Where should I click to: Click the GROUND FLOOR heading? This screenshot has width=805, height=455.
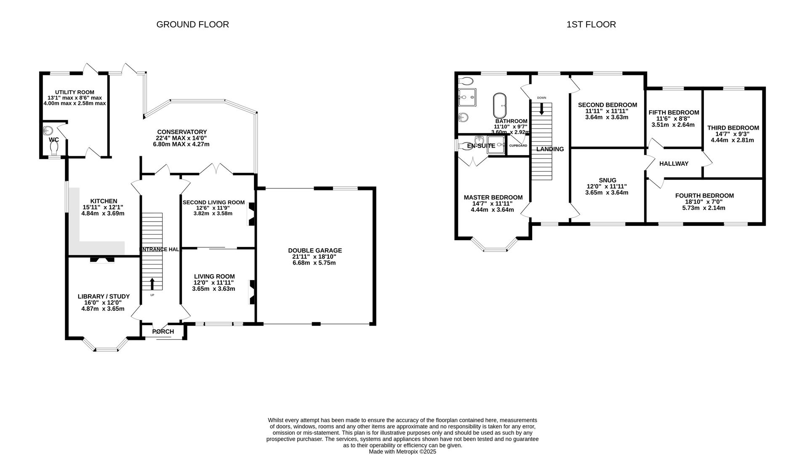pyautogui.click(x=192, y=24)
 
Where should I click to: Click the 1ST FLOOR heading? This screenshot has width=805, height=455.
pyautogui.click(x=591, y=24)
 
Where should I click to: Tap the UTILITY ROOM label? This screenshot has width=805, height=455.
pyautogui.click(x=75, y=92)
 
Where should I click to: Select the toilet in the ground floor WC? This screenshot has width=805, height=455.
pyautogui.click(x=54, y=148)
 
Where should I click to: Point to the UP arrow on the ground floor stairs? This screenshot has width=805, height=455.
pyautogui.click(x=152, y=284)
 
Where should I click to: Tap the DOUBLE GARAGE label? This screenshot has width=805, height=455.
pyautogui.click(x=315, y=250)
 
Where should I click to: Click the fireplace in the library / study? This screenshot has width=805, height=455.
pyautogui.click(x=102, y=260)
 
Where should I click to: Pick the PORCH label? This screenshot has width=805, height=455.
pyautogui.click(x=163, y=332)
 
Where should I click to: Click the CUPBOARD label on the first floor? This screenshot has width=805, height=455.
pyautogui.click(x=518, y=146)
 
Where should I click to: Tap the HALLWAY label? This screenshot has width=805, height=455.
pyautogui.click(x=674, y=163)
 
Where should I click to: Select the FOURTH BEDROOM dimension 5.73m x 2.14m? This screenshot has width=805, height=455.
pyautogui.click(x=704, y=208)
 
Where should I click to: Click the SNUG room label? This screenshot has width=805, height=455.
pyautogui.click(x=607, y=180)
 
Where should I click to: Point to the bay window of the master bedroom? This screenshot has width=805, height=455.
pyautogui.click(x=495, y=247)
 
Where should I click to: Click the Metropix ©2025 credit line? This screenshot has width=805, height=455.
pyautogui.click(x=402, y=452)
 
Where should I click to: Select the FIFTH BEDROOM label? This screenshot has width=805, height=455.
pyautogui.click(x=674, y=112)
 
